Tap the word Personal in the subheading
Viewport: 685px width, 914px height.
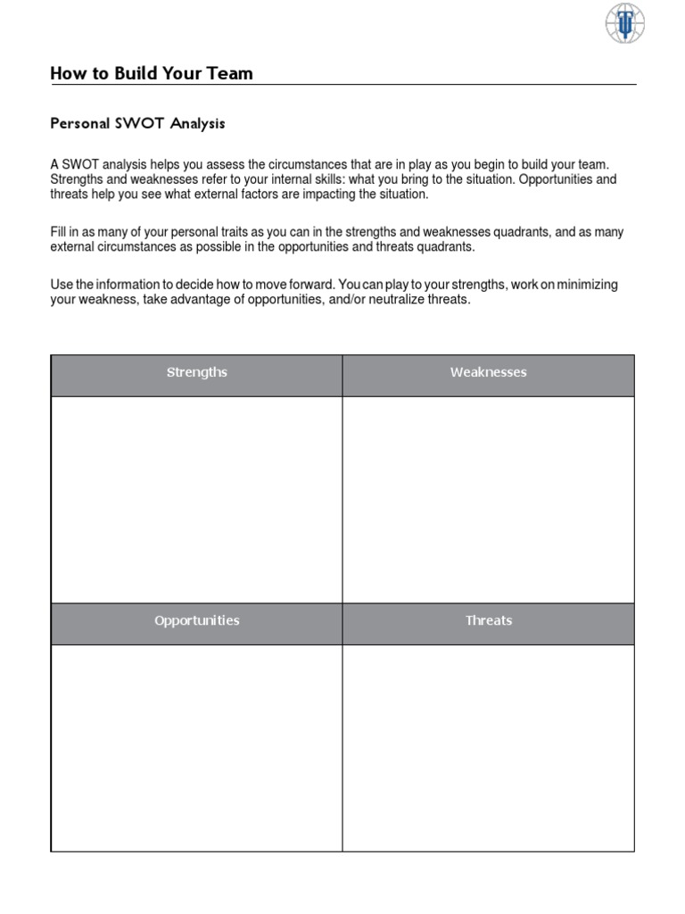point(79,124)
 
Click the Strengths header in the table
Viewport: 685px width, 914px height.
point(197,372)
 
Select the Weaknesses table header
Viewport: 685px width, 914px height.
point(488,372)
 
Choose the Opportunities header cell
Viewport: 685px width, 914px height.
point(197,620)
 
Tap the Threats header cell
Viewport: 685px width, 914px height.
point(488,620)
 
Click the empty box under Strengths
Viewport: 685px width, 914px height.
point(197,499)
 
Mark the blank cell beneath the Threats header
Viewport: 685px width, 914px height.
point(488,747)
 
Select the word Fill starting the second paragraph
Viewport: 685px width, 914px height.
point(59,232)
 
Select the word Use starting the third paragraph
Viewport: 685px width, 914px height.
point(62,285)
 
